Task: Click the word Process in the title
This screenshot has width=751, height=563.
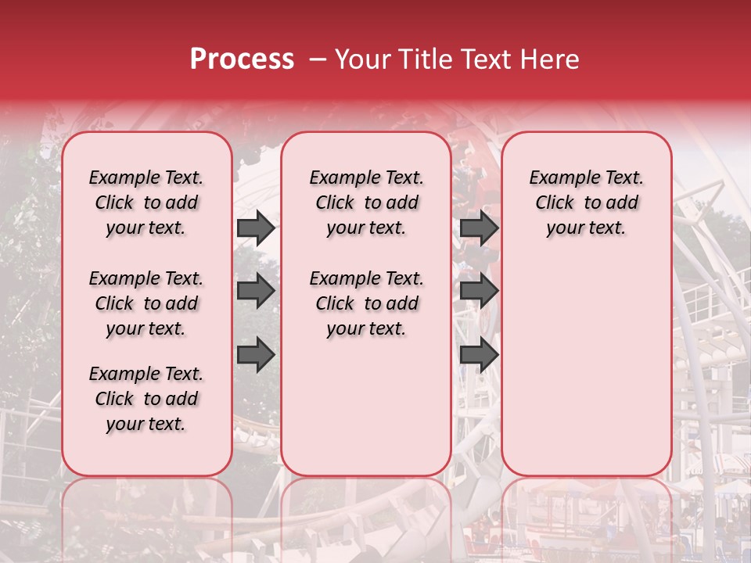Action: click(x=242, y=59)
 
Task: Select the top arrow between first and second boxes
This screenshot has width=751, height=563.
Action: click(x=256, y=228)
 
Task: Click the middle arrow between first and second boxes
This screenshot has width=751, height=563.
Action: click(x=256, y=291)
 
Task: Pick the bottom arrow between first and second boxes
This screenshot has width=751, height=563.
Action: click(x=256, y=354)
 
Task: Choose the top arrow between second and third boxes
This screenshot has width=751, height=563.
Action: click(x=479, y=228)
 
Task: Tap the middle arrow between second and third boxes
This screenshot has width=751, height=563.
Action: click(x=479, y=291)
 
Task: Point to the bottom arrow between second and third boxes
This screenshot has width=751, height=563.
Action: click(x=479, y=354)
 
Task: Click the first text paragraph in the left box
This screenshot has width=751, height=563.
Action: click(x=146, y=203)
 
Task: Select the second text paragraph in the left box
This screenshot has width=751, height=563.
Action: click(x=146, y=303)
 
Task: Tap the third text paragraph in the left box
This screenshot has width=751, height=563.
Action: click(x=146, y=399)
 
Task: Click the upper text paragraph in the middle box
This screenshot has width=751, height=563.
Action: click(x=366, y=203)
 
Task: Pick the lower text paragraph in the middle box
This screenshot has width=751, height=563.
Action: click(x=366, y=303)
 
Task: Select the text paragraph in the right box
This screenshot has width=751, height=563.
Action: click(x=586, y=203)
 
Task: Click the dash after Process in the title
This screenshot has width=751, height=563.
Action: click(x=318, y=59)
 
